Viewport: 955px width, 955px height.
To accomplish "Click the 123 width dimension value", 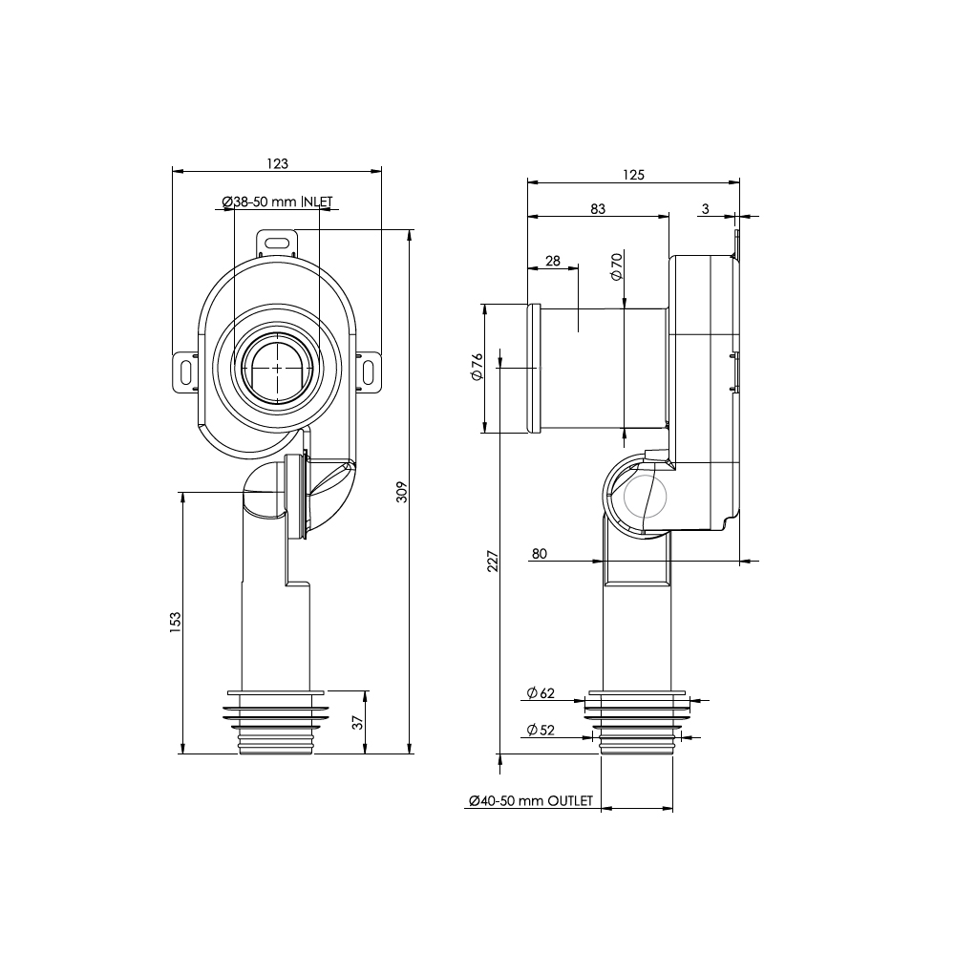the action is [x=277, y=163].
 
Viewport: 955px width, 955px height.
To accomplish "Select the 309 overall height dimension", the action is [x=402, y=492].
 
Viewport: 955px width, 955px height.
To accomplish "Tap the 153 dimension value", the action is [x=176, y=622].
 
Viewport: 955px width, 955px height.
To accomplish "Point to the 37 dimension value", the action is [x=358, y=722].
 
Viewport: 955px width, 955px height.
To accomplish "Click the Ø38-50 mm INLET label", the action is [x=277, y=202].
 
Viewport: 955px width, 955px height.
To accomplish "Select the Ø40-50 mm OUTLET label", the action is [x=530, y=801].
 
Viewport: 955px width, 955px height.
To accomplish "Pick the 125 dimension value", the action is [x=633, y=175].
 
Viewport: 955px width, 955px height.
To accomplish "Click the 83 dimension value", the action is [x=598, y=209].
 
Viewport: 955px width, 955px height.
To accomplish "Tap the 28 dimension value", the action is [x=552, y=261].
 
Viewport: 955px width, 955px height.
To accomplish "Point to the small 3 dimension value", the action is [x=706, y=209].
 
